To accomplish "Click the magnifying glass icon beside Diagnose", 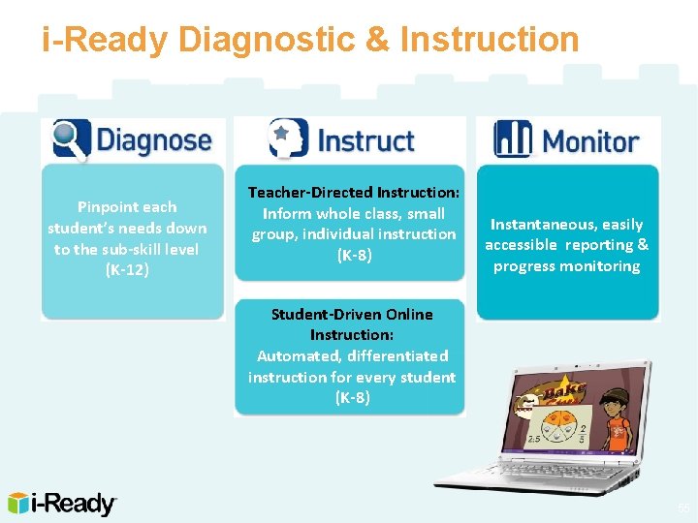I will (71, 138).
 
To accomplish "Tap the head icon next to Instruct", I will (288, 138).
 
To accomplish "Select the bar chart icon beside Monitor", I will (513, 138).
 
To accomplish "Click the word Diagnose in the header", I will (153, 140).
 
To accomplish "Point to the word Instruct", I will (365, 140).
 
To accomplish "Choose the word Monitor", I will (590, 141).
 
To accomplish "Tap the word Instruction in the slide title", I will (489, 39).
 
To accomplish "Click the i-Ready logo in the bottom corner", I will (62, 503).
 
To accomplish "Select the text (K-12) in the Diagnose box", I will (127, 270).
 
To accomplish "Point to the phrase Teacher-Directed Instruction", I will (354, 193).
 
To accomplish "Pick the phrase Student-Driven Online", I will (352, 314).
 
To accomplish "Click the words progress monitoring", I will (566, 266).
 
